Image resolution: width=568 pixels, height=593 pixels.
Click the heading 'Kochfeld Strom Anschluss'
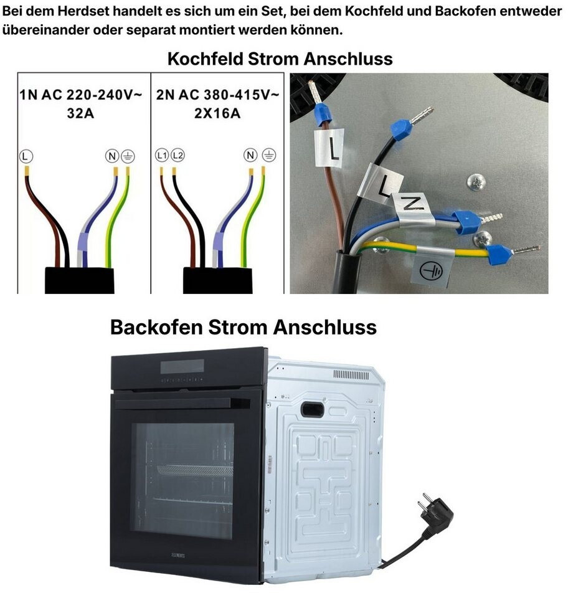280,59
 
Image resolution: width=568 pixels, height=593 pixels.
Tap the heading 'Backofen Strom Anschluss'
243,327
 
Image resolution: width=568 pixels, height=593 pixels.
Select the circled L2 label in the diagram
177,154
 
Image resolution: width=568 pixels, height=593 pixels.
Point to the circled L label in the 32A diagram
25,154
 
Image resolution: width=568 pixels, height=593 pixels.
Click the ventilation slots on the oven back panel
351,374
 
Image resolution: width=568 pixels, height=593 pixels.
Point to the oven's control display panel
182,366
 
